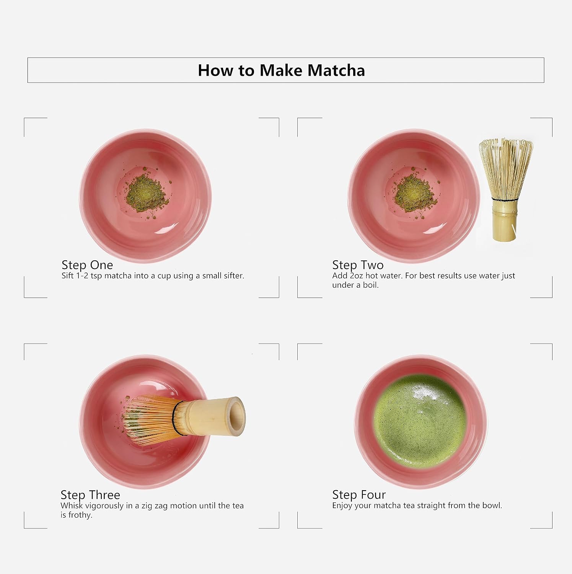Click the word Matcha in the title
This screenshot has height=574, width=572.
pos(336,70)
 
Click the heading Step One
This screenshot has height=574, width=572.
pos(87,265)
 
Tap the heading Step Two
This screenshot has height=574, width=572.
pos(358,265)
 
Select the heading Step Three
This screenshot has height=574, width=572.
pos(90,495)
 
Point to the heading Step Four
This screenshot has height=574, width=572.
pos(359,495)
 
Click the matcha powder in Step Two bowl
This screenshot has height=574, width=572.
pos(415,192)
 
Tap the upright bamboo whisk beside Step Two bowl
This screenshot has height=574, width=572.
pos(505,190)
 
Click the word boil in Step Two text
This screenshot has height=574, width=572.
pos(370,285)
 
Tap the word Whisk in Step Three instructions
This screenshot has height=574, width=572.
pos(72,506)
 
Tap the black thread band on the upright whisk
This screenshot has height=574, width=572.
pos(505,200)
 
